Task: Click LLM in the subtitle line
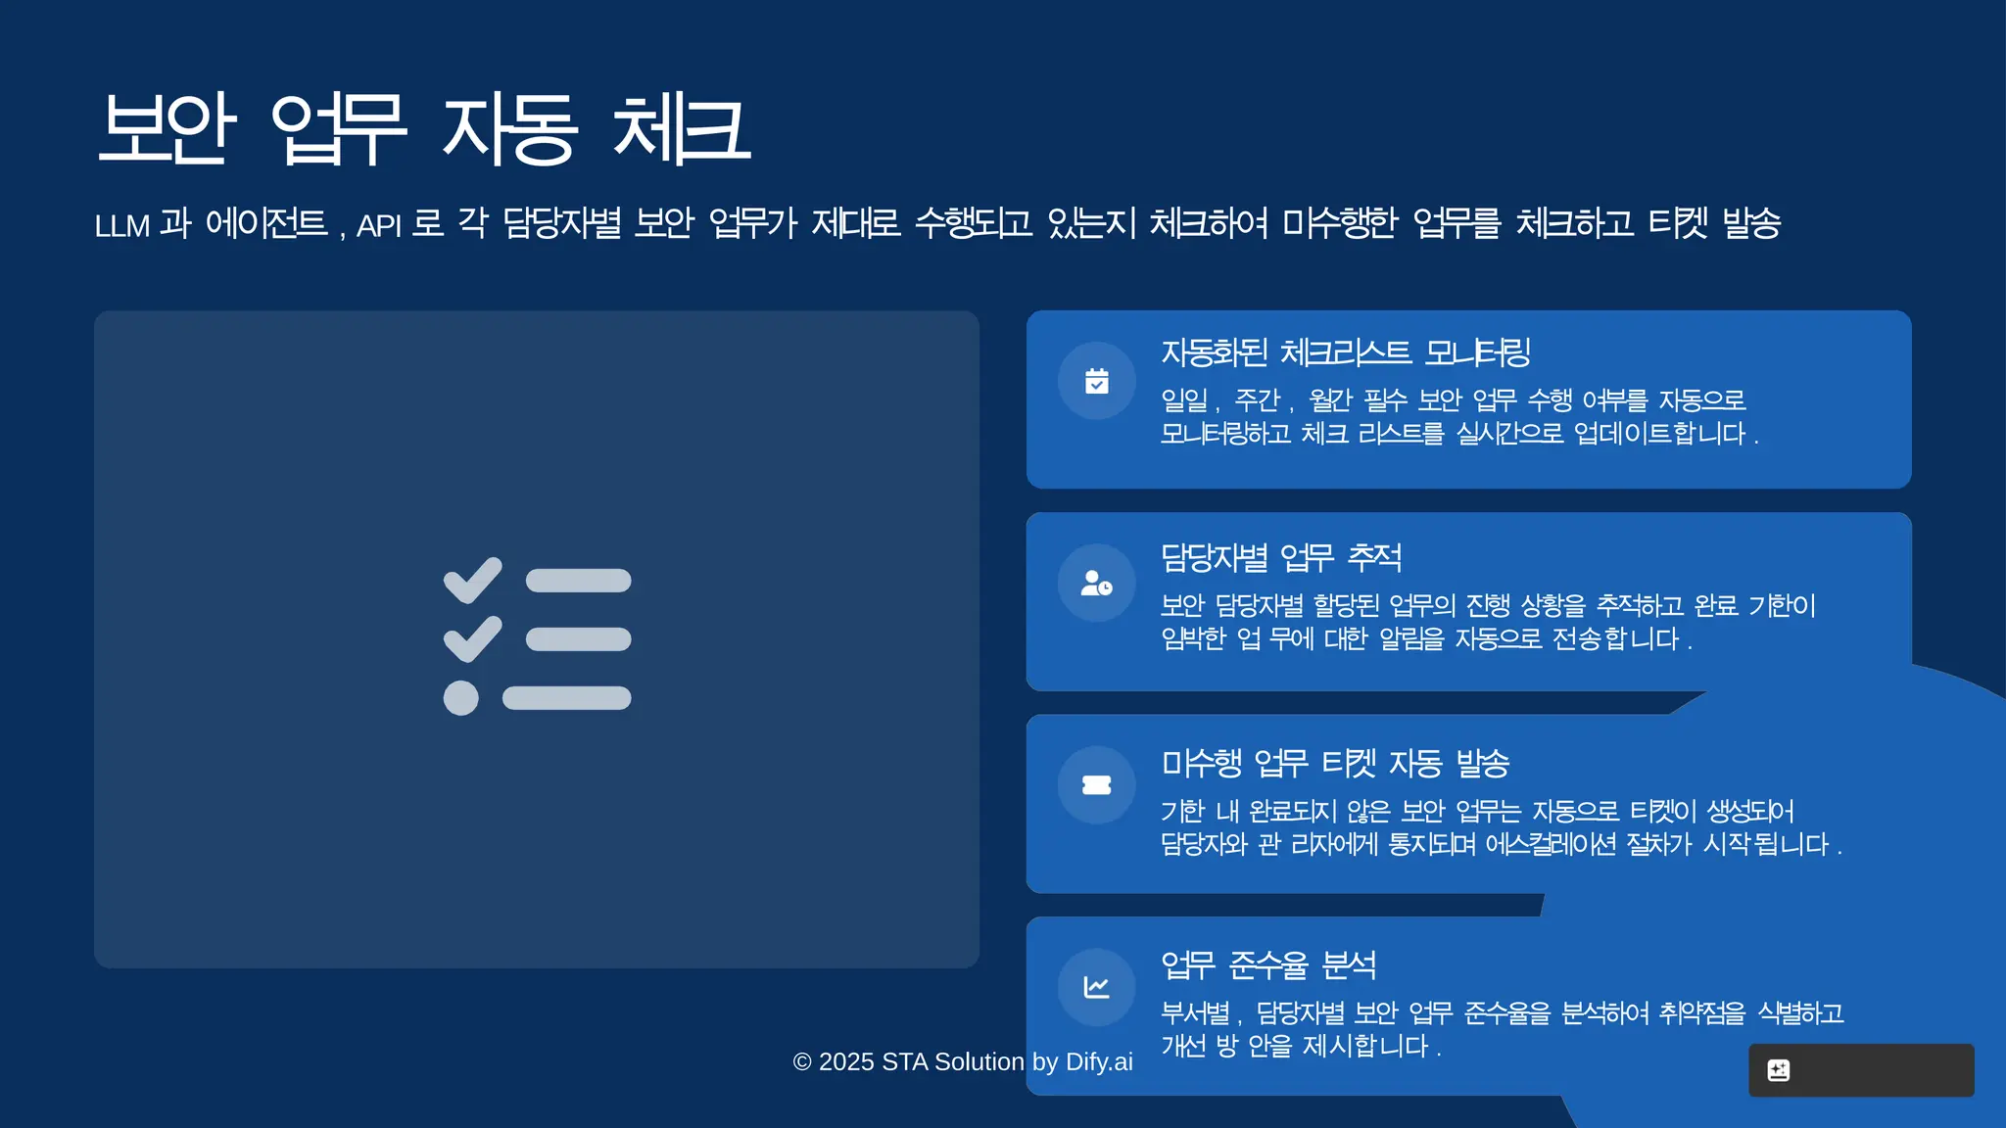(x=121, y=225)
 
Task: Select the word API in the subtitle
(x=378, y=225)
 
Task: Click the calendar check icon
(x=1097, y=381)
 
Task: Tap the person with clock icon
(x=1097, y=584)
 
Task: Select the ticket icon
(x=1097, y=785)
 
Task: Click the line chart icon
(x=1097, y=987)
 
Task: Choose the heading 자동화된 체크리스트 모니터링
(x=1346, y=352)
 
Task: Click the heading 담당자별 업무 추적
(x=1281, y=558)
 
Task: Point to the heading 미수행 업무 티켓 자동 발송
(x=1335, y=763)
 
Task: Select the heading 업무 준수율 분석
(x=1268, y=965)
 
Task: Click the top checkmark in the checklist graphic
(x=473, y=580)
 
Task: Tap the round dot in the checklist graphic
(x=461, y=698)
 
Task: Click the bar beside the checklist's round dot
(x=567, y=698)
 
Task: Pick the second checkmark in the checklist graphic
(x=473, y=638)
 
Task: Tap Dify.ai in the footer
(x=1099, y=1062)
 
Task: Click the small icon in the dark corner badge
(x=1779, y=1070)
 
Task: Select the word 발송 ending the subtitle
(x=1751, y=223)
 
